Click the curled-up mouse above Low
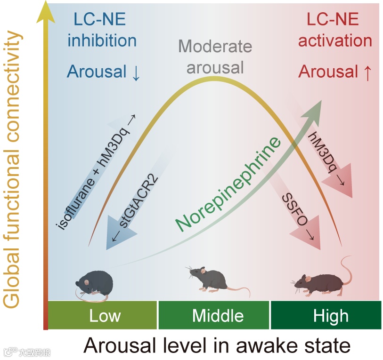94,285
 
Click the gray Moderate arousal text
215,57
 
